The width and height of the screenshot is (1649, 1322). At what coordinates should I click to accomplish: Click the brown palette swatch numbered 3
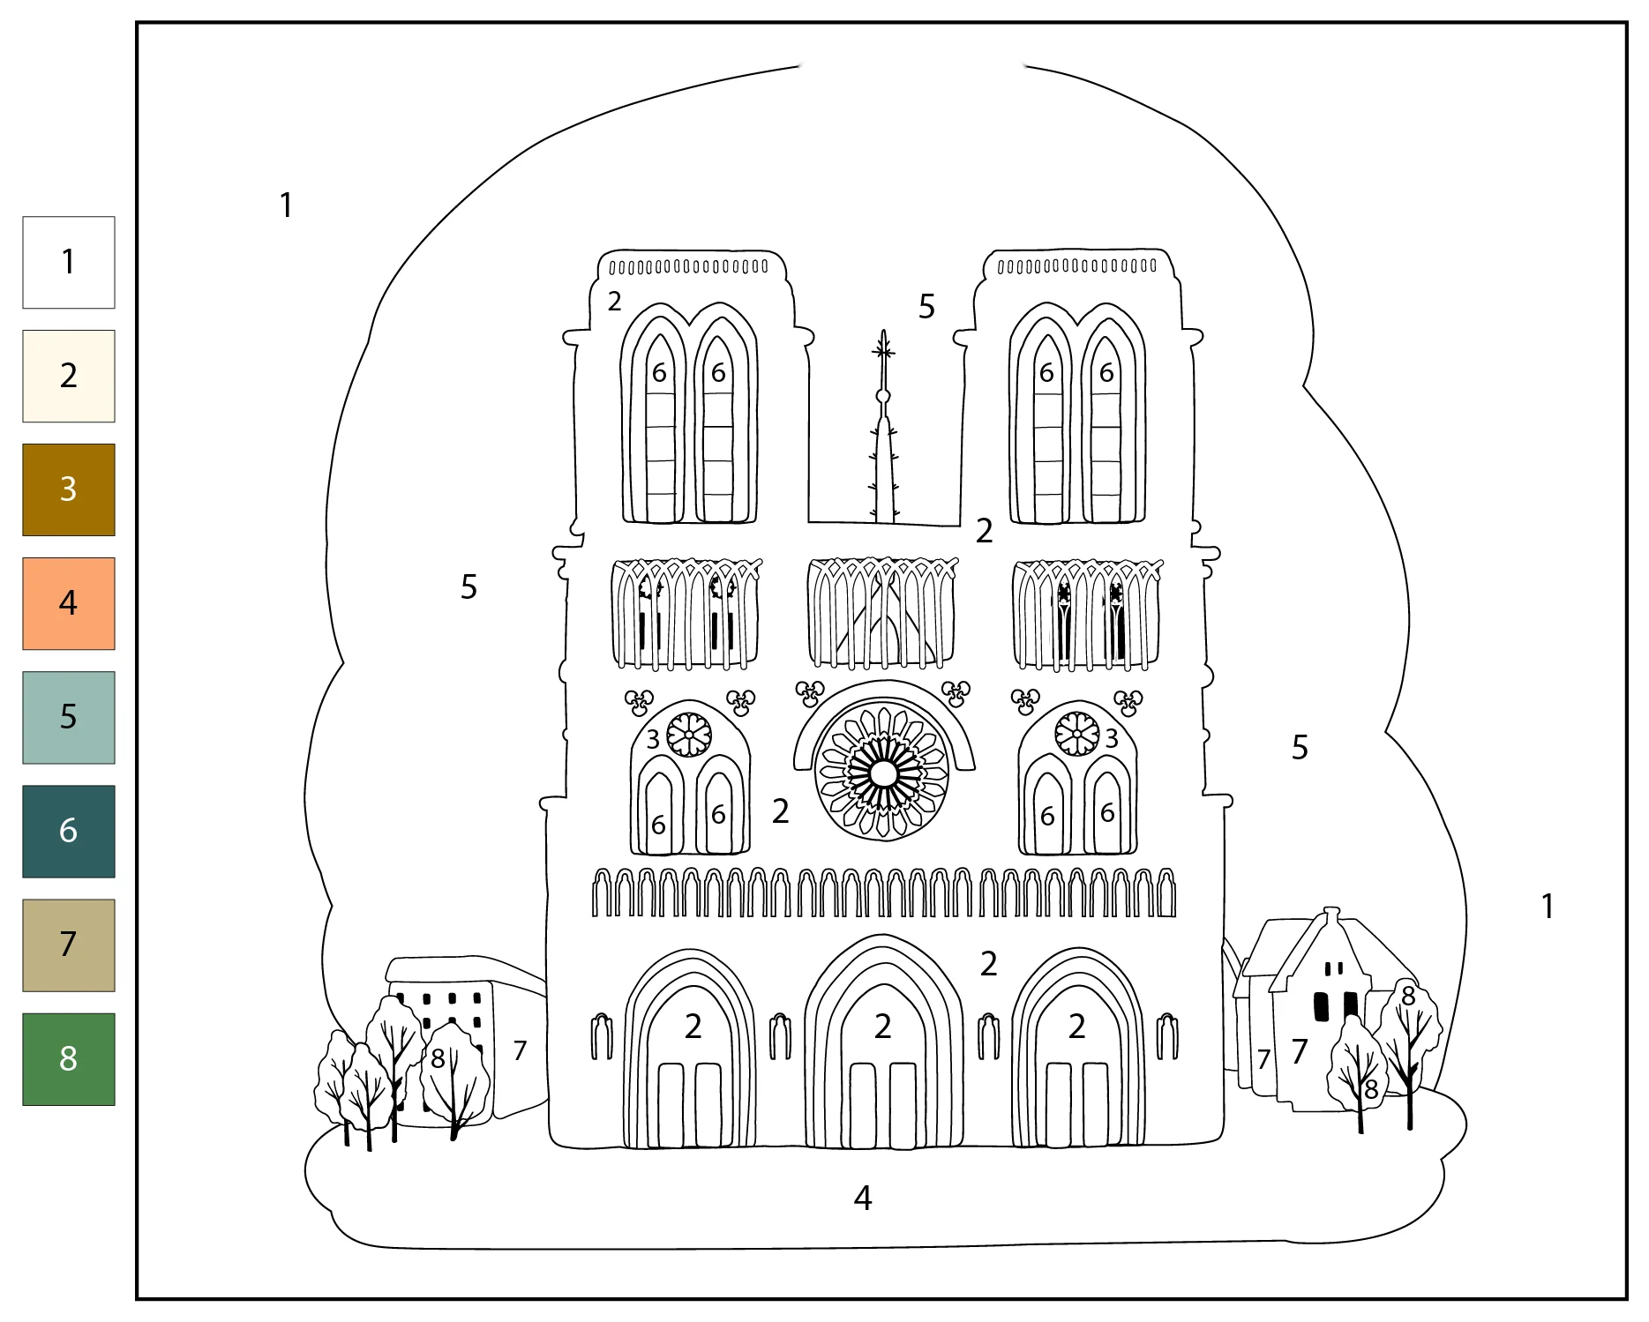click(69, 489)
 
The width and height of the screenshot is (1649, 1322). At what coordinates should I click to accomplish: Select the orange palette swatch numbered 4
click(69, 603)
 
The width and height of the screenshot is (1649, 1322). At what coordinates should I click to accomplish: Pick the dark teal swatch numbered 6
click(69, 831)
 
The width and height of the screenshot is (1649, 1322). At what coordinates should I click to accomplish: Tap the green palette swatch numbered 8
click(69, 1058)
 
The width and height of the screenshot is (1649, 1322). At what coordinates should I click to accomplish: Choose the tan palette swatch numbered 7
click(69, 945)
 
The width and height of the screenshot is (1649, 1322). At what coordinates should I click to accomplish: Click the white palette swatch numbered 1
click(69, 262)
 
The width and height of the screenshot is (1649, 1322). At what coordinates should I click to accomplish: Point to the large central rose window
click(882, 773)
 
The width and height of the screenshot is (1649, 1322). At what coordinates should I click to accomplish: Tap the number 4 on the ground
click(863, 1197)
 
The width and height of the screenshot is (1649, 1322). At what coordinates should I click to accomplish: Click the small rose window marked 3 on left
click(688, 734)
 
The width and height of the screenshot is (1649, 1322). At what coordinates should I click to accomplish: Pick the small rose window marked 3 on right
click(1077, 733)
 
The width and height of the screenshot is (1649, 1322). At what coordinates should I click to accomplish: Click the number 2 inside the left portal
click(693, 1026)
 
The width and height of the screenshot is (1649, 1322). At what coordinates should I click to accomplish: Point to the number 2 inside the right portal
click(1076, 1026)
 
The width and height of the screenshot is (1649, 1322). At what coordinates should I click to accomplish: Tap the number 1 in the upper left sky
click(286, 205)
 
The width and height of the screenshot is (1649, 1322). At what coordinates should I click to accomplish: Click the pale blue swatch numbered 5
click(69, 717)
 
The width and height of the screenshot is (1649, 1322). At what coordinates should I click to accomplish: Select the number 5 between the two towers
click(926, 306)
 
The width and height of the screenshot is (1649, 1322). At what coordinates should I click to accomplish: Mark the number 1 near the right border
click(1547, 906)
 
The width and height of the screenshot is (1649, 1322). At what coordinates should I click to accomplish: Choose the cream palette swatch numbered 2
click(69, 376)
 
